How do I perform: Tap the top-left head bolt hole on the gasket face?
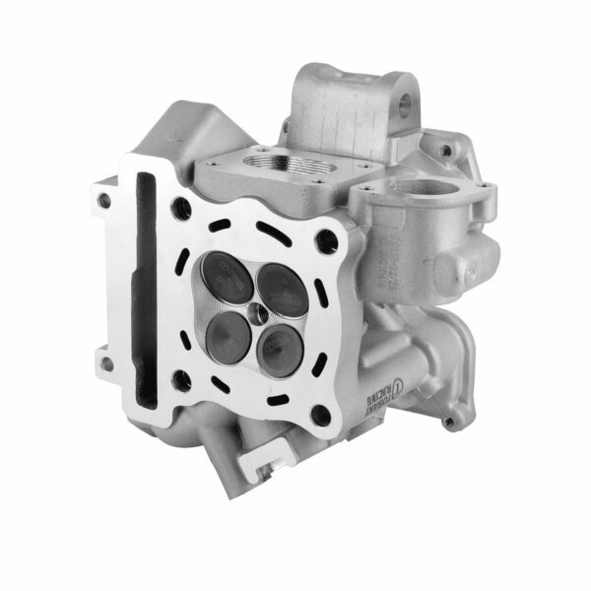(x=180, y=208)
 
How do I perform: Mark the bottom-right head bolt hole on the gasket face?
(x=320, y=414)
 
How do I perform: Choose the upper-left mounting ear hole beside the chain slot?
(x=104, y=200)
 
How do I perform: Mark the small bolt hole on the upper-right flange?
(x=446, y=151)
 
